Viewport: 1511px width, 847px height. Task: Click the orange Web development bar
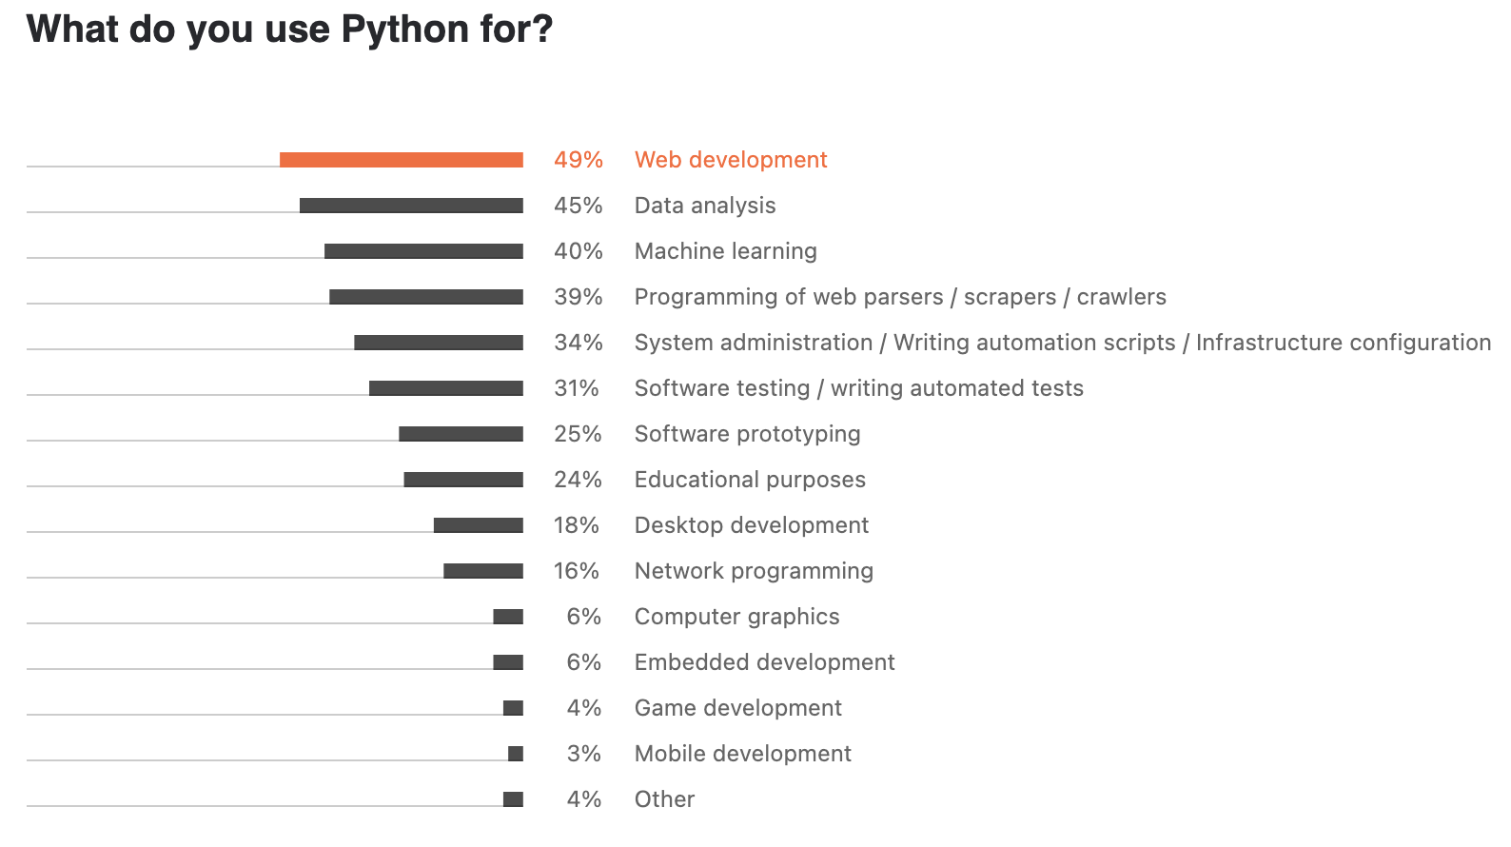(x=401, y=160)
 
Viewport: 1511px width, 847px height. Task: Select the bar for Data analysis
(x=411, y=206)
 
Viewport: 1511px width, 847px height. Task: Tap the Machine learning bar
(x=423, y=251)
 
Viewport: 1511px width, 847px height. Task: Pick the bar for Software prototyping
(x=461, y=434)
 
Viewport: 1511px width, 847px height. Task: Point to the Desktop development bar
(x=478, y=525)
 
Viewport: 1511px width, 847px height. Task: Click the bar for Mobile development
(x=516, y=754)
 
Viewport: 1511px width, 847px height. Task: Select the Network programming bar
(x=482, y=571)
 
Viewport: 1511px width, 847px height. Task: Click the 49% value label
(x=579, y=160)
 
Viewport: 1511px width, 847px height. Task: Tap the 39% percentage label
(x=579, y=297)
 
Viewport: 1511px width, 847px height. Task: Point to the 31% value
(x=577, y=388)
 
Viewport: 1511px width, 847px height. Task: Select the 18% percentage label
(x=577, y=525)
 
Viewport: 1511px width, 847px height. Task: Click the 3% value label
(x=584, y=754)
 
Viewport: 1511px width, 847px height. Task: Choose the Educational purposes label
(x=750, y=480)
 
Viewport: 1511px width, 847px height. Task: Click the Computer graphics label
(x=736, y=617)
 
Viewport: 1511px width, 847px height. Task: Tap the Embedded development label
(x=764, y=662)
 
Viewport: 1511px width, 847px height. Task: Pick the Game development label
(x=737, y=708)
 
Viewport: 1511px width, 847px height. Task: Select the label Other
(x=664, y=799)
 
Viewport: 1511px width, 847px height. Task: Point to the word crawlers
(x=1121, y=297)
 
